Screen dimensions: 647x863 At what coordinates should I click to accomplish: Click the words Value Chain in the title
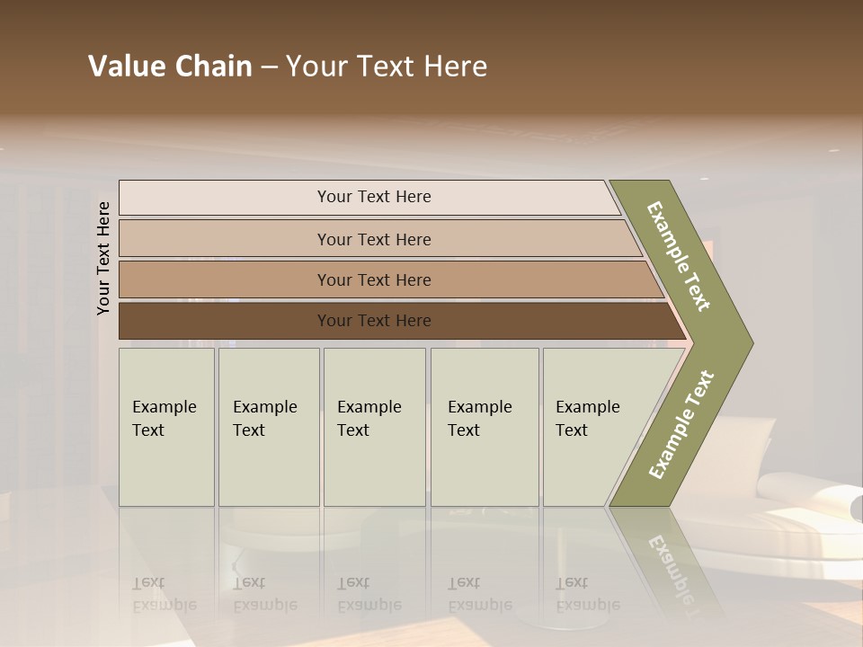170,66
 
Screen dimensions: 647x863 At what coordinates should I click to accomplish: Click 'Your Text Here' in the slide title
387,66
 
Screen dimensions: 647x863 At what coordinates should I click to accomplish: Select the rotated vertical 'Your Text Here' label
104,258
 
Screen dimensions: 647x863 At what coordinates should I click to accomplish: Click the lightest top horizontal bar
373,197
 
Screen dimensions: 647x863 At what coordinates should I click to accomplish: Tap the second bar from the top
373,239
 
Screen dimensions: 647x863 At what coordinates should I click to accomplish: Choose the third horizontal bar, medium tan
373,279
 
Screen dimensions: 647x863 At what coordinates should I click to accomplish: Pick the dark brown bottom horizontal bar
373,321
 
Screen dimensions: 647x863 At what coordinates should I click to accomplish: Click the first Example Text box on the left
166,427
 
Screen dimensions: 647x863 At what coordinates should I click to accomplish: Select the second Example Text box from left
268,427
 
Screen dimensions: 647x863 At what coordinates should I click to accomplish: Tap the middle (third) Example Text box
373,427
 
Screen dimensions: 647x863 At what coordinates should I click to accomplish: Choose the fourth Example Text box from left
484,427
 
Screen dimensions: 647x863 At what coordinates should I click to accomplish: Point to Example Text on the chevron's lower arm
681,425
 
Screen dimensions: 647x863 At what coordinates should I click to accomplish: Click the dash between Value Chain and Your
269,67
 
